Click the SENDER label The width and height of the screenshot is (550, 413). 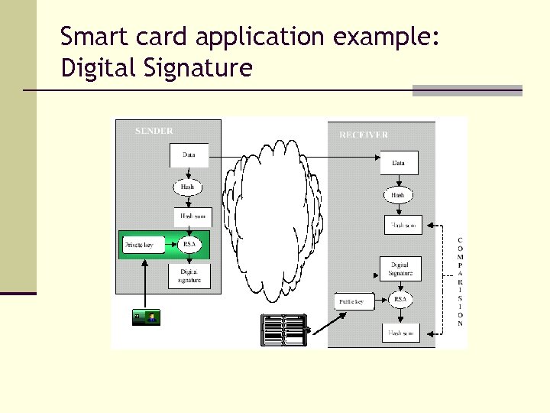pyautogui.click(x=154, y=131)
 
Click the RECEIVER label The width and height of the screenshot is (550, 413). pyautogui.click(x=363, y=135)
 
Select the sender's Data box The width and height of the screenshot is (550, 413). pyautogui.click(x=189, y=155)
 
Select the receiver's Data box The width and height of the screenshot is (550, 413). pyautogui.click(x=399, y=162)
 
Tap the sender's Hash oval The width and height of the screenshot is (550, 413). pyautogui.click(x=187, y=187)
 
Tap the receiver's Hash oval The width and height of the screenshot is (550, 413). pyautogui.click(x=398, y=195)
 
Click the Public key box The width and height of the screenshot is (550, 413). pyautogui.click(x=351, y=302)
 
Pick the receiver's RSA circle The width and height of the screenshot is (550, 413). pyautogui.click(x=400, y=299)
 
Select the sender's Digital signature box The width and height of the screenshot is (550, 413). pyautogui.click(x=189, y=276)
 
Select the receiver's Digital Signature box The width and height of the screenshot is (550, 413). pyautogui.click(x=400, y=268)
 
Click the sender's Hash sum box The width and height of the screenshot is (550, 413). pyautogui.click(x=192, y=216)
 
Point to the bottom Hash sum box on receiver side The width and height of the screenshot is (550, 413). pyautogui.click(x=400, y=333)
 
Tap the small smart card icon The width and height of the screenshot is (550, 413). pyautogui.click(x=146, y=317)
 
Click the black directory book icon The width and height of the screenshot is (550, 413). pyautogui.click(x=283, y=330)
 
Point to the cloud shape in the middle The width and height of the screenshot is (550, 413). pyautogui.click(x=271, y=222)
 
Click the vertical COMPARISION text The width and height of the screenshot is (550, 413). pyautogui.click(x=460, y=282)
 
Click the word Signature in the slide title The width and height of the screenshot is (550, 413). pyautogui.click(x=205, y=69)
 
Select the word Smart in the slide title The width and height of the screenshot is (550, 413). pyautogui.click(x=86, y=36)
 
